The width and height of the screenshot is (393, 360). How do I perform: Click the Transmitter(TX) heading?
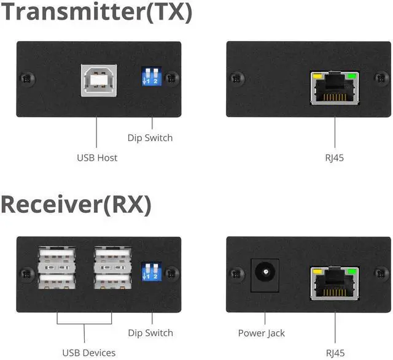coord(96,12)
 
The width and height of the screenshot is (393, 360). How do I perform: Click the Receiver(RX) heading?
coord(76,205)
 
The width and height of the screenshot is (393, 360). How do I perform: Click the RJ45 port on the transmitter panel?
coord(335,90)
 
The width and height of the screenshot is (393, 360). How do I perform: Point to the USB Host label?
coord(97,158)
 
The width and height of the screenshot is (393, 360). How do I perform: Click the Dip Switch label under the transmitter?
coord(150,138)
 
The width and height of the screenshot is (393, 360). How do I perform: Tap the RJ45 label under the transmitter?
coord(335,158)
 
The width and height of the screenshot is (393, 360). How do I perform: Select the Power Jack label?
coord(262,333)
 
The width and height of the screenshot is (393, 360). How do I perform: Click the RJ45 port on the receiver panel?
coord(335,284)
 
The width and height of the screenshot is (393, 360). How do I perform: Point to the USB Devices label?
coord(88,353)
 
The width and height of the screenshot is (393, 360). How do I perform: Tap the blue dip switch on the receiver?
coord(150,272)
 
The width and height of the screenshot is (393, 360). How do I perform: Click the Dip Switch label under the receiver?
coord(150,333)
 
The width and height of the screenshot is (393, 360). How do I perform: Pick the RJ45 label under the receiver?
coord(335,353)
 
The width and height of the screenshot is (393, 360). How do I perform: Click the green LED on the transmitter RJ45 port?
coord(352,77)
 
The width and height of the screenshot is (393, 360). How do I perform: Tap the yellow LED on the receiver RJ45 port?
coord(317,271)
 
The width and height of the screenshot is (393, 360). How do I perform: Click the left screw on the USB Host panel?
coord(25,79)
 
